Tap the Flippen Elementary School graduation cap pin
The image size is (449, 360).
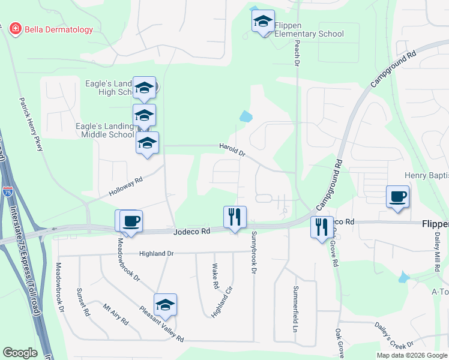click(263, 22)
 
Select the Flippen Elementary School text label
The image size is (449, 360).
click(309, 29)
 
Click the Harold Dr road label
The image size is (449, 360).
click(232, 149)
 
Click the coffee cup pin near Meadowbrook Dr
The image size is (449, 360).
click(131, 220)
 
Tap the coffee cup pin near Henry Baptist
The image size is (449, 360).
click(397, 197)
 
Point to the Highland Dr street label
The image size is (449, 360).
click(156, 254)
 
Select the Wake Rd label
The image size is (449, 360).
click(215, 276)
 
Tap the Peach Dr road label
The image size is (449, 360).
click(297, 54)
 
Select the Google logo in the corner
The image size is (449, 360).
click(20, 353)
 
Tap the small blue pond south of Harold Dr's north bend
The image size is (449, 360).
click(246, 116)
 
